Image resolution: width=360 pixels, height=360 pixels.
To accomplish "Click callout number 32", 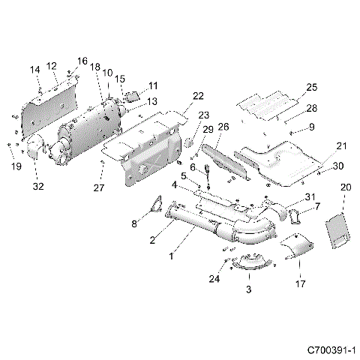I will click(x=37, y=181).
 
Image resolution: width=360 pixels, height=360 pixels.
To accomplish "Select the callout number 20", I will click(x=346, y=187).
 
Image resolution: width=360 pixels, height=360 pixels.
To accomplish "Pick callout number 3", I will click(x=249, y=288).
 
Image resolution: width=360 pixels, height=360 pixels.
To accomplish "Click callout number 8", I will click(x=136, y=223).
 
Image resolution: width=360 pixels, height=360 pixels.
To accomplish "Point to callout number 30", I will click(x=337, y=166).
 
